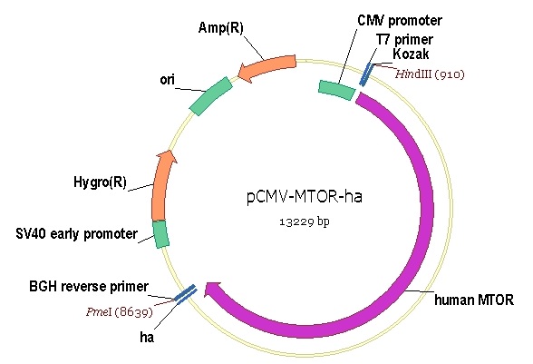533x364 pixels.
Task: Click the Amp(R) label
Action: pyautogui.click(x=220, y=28)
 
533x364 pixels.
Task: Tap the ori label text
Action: pyautogui.click(x=167, y=80)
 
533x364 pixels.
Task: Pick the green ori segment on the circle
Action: pyautogui.click(x=210, y=96)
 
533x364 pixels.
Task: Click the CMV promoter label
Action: pyautogui.click(x=400, y=21)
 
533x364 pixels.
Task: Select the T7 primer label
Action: pyautogui.click(x=404, y=40)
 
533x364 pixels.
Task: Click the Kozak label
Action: pyautogui.click(x=411, y=54)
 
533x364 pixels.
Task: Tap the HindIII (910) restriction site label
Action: pyautogui.click(x=430, y=74)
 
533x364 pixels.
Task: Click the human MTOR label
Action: pyautogui.click(x=474, y=300)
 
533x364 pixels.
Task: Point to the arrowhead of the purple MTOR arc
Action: pyautogui.click(x=212, y=291)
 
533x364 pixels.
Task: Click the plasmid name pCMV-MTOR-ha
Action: pyautogui.click(x=305, y=196)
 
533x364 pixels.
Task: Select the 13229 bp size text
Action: pyautogui.click(x=305, y=221)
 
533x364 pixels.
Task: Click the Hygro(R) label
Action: pyautogui.click(x=100, y=182)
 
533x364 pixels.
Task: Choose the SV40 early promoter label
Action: pyautogui.click(x=76, y=234)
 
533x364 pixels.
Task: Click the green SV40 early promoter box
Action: pyautogui.click(x=160, y=234)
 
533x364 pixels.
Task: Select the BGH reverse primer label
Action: pyautogui.click(x=89, y=286)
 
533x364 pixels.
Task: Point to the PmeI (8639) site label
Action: pyautogui.click(x=120, y=311)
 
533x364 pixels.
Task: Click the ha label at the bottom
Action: pyautogui.click(x=147, y=337)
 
